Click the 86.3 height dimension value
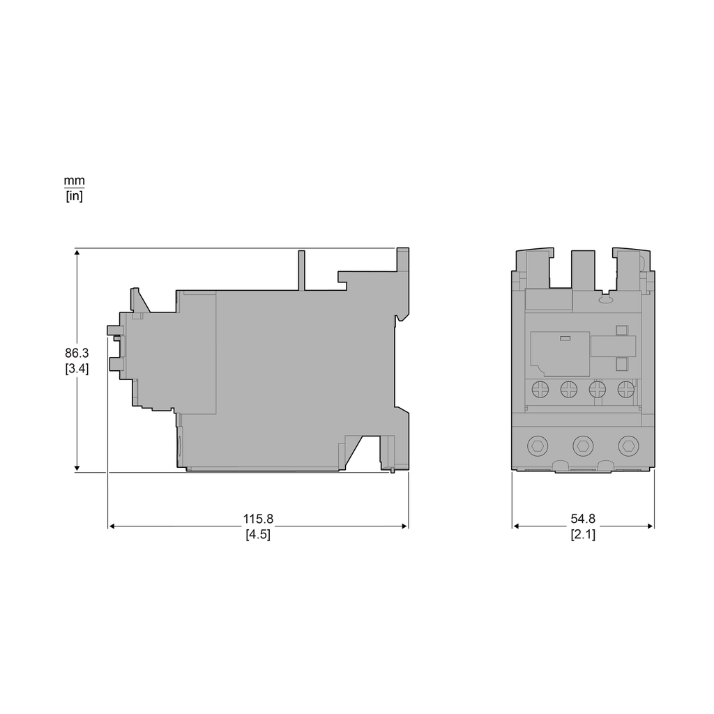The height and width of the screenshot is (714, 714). click(77, 354)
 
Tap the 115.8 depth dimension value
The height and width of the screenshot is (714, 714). click(258, 519)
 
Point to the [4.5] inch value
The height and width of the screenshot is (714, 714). click(258, 535)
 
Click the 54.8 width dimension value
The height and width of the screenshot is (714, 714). click(583, 519)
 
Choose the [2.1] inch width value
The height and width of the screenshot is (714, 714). click(583, 535)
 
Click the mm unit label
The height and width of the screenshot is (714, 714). click(74, 181)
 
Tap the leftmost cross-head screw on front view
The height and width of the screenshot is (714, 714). click(540, 389)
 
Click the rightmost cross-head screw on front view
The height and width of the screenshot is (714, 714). click(626, 389)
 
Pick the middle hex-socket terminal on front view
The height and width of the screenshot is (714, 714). click(583, 444)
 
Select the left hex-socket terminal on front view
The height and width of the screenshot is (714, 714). click(537, 444)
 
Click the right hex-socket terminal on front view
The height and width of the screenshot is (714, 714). click(629, 444)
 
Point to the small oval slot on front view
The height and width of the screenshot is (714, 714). click(605, 301)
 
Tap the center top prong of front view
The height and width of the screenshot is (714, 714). click(583, 268)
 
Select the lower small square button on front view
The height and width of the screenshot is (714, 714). click(621, 363)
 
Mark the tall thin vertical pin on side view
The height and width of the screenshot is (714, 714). click(302, 269)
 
